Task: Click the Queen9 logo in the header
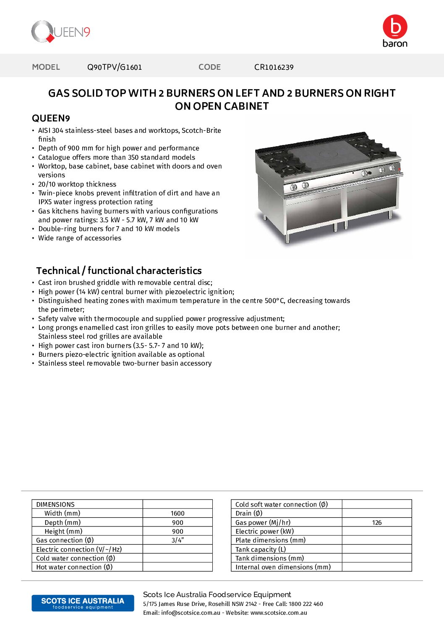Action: [x=61, y=32]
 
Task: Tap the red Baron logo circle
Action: [x=395, y=26]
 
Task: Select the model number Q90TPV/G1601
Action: [x=115, y=67]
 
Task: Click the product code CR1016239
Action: [x=274, y=67]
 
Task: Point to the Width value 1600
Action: [x=178, y=513]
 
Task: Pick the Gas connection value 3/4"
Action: [x=178, y=540]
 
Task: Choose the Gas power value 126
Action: [x=376, y=523]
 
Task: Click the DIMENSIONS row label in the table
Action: [x=55, y=505]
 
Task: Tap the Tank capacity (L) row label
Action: [x=261, y=550]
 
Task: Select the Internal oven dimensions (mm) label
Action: [x=283, y=567]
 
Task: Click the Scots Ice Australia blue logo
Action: [x=83, y=603]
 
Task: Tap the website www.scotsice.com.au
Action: [x=279, y=613]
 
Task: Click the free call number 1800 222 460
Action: [x=306, y=604]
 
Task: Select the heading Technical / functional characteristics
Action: [x=119, y=271]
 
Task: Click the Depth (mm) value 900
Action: [x=178, y=523]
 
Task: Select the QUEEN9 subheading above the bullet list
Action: [x=51, y=118]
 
